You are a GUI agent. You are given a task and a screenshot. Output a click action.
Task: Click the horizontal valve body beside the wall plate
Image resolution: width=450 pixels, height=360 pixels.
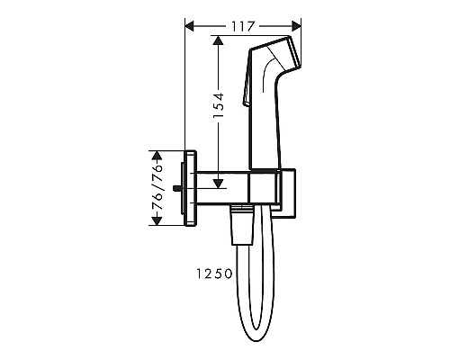click(229, 187)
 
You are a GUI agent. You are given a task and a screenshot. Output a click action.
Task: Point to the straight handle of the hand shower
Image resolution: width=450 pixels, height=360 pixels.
click(269, 126)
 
